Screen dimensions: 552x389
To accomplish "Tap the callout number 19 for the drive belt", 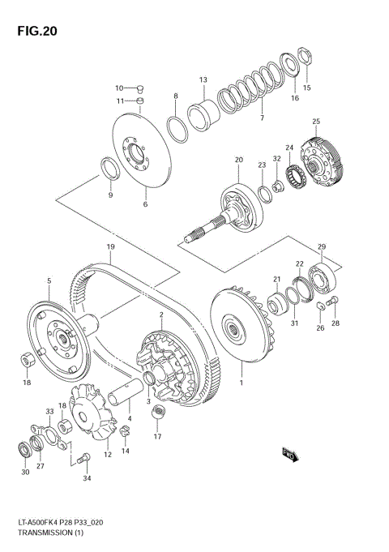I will pyautogui.click(x=109, y=246).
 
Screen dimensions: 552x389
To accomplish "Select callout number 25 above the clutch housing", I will pyautogui.click(x=315, y=122).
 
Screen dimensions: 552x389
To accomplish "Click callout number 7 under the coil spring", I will pyautogui.click(x=262, y=118).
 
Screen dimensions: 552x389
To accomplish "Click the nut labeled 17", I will pyautogui.click(x=159, y=416).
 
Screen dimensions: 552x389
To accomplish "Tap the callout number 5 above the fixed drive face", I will pyautogui.click(x=49, y=281).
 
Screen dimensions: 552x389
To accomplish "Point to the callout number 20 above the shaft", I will pyautogui.click(x=239, y=160).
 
